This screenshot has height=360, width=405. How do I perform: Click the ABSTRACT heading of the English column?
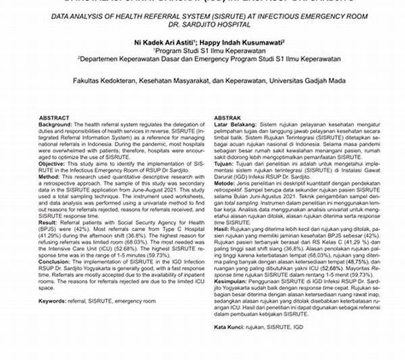[x=53, y=116]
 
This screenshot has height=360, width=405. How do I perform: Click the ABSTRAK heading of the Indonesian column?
[x=228, y=116]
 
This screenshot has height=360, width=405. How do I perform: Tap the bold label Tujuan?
[x=225, y=162]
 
